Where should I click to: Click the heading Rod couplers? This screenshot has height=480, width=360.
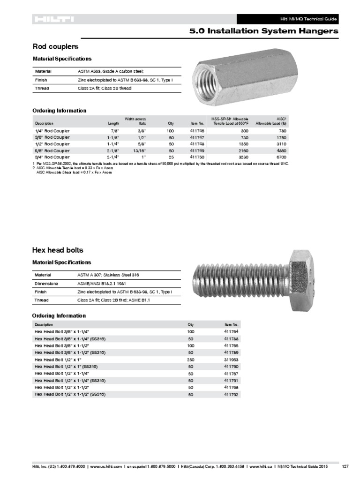tap(55, 47)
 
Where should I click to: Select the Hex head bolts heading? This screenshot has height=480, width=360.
tap(58, 250)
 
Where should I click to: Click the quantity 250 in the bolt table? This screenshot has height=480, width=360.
tap(190, 359)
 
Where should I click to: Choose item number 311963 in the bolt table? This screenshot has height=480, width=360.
tap(231, 359)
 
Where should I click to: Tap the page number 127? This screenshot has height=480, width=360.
tap(345, 466)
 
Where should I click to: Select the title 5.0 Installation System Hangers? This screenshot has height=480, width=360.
tap(263, 31)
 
